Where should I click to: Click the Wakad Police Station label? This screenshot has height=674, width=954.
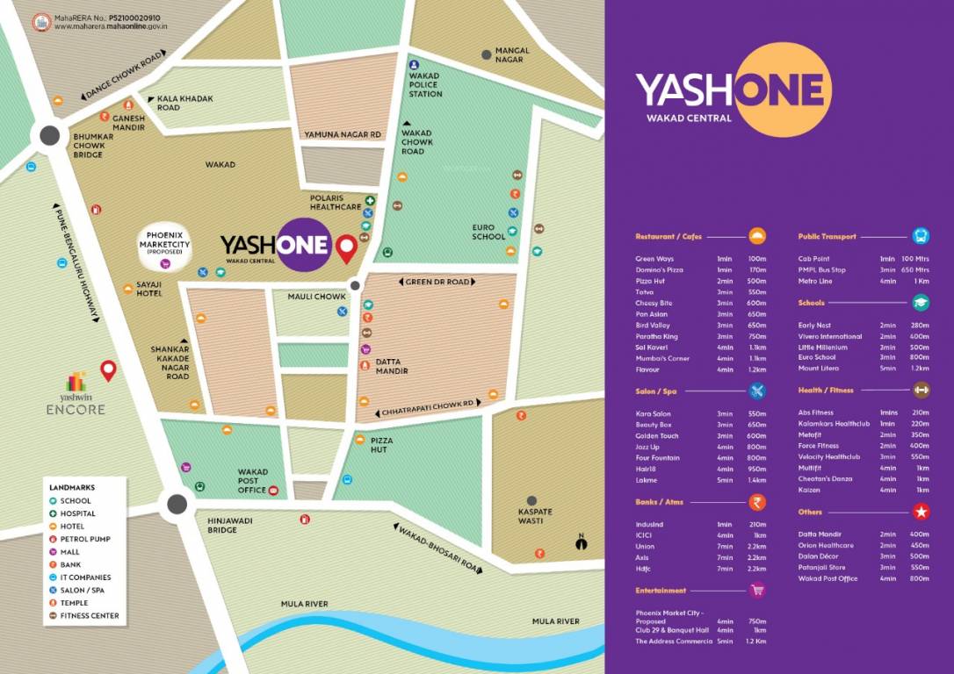[x=425, y=85]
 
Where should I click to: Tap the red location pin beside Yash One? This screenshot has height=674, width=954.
[x=347, y=248]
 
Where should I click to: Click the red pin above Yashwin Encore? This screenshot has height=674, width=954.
[x=109, y=369]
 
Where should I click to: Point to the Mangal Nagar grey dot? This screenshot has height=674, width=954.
[x=486, y=55]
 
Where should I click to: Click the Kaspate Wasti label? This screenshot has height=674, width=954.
[x=535, y=516]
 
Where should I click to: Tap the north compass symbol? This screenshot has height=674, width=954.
[x=580, y=541]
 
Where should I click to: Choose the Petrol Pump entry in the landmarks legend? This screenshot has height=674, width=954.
[x=85, y=539]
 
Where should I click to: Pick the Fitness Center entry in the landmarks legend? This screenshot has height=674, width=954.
[x=89, y=615]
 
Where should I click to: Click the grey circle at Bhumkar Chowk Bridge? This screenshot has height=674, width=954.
[x=49, y=135]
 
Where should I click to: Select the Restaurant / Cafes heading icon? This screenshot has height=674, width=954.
[x=757, y=236]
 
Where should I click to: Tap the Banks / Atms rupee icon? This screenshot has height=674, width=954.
[x=756, y=503]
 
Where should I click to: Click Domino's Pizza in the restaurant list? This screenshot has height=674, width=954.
[x=659, y=269]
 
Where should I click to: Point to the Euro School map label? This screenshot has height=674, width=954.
[x=488, y=232]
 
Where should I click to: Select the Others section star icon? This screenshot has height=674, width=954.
[x=921, y=512]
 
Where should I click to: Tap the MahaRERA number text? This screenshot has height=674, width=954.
[x=109, y=17]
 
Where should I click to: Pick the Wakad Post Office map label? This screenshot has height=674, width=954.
[x=253, y=481]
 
